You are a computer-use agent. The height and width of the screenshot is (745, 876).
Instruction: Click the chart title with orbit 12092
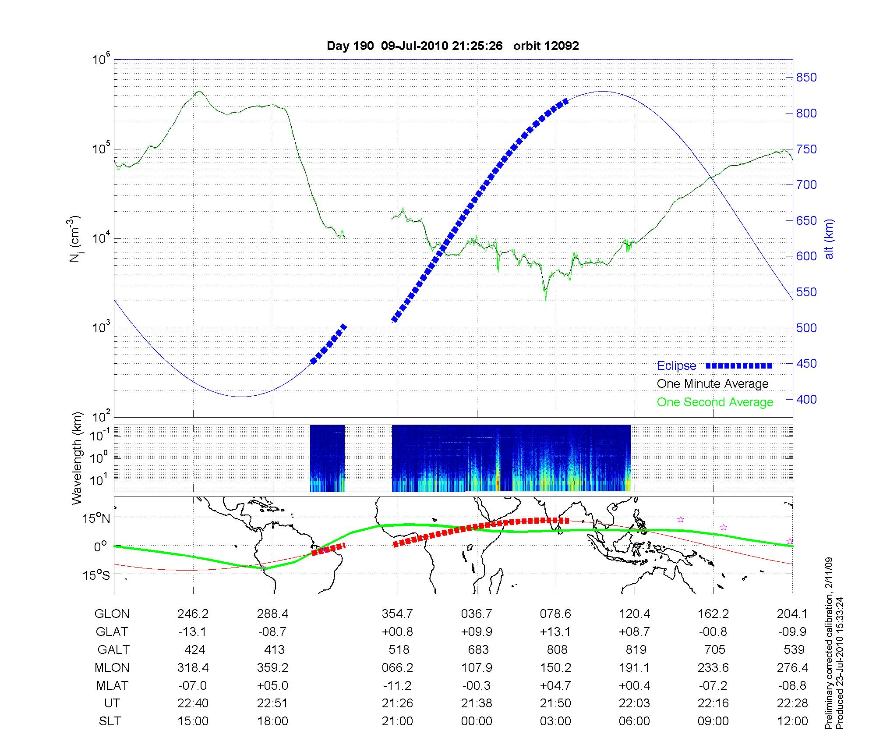[452, 46]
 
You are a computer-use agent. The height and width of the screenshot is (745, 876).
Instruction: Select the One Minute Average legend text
[713, 384]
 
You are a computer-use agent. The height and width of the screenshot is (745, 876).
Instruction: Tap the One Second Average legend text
[715, 402]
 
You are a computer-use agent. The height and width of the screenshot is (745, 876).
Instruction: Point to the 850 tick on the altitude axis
[806, 78]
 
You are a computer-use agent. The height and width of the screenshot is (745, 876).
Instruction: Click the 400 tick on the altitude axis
[806, 399]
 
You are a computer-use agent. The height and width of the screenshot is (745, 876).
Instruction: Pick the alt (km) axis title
[830, 239]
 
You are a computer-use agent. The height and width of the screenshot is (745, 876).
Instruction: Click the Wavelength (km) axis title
[77, 458]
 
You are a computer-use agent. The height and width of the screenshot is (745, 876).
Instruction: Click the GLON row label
[112, 614]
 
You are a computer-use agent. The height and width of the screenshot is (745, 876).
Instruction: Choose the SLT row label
[110, 721]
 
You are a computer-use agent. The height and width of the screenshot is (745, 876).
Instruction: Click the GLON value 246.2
[193, 614]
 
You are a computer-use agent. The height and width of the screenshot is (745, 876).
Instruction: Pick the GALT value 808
[557, 649]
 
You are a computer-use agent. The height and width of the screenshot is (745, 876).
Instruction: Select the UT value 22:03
[634, 703]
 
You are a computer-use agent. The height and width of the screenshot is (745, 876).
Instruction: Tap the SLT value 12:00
[792, 721]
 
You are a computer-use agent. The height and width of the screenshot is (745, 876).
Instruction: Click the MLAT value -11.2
[397, 685]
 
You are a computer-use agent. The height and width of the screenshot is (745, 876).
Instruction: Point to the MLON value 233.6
[713, 667]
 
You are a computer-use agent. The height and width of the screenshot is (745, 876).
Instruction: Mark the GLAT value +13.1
[555, 632]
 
